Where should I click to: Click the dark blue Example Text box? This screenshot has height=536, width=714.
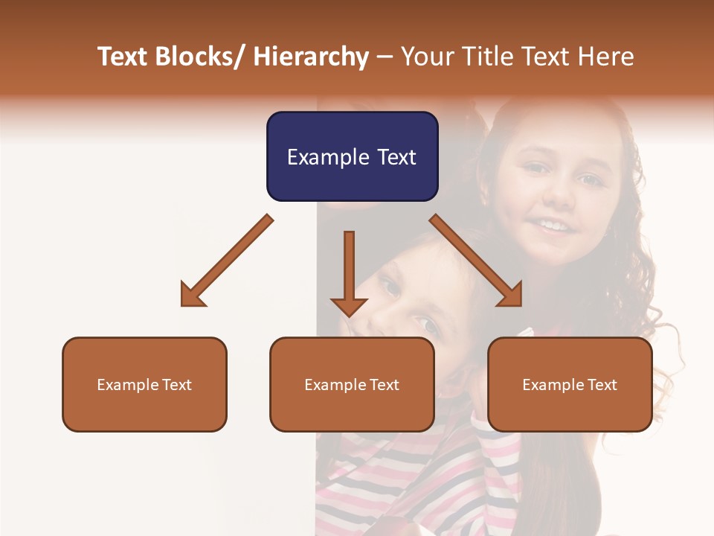click(x=352, y=156)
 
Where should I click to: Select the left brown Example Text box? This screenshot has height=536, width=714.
click(x=144, y=384)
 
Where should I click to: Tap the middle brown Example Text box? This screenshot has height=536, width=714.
click(x=352, y=384)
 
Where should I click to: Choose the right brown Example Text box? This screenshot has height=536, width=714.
click(x=570, y=384)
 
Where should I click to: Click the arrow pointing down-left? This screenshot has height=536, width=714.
click(x=226, y=261)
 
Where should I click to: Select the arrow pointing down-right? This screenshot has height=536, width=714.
click(x=476, y=261)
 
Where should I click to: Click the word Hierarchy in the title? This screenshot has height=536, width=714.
click(x=311, y=57)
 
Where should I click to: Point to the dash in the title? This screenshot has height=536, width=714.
click(x=384, y=57)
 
